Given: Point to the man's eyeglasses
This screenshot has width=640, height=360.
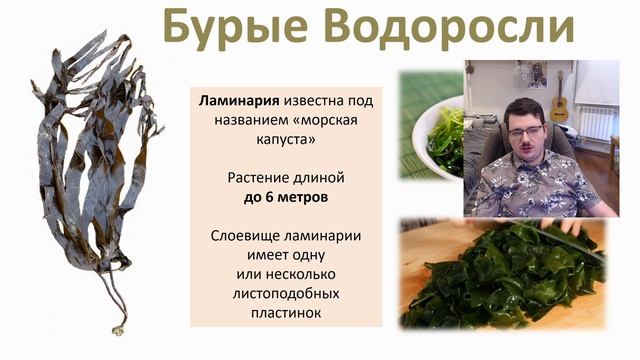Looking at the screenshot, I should click(x=524, y=132).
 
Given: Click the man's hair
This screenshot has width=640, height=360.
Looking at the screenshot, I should click(x=525, y=108).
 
